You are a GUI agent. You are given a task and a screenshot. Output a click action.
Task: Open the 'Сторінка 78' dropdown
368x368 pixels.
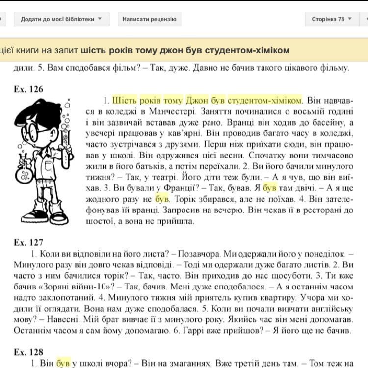coord(332,19)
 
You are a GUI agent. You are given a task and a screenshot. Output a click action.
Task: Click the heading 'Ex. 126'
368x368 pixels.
coord(28,89)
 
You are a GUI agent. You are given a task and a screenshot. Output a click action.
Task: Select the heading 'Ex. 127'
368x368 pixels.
coord(28,242)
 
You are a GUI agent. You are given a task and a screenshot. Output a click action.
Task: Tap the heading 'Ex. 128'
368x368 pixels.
coord(28,352)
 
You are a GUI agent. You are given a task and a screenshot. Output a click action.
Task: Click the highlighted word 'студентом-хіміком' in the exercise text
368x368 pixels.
coord(265,101)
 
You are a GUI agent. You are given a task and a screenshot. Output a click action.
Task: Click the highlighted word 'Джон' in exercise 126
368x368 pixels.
coord(197,101)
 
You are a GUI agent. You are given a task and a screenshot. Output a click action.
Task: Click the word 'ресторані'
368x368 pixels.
coord(319,210)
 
